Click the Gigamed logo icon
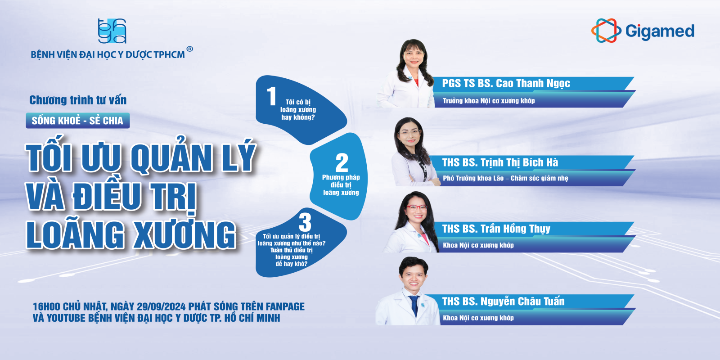(606, 31)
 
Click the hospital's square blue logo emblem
(112, 31)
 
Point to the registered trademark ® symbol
(189, 49)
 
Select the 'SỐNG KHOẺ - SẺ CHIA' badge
(78, 121)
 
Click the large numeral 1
(272, 96)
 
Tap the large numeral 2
(342, 162)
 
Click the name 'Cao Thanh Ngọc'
(533, 84)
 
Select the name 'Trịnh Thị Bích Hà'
(519, 162)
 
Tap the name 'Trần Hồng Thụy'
(515, 229)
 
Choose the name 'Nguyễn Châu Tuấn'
(522, 301)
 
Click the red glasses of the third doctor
(417, 207)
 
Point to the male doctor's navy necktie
(414, 306)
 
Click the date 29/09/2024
(161, 306)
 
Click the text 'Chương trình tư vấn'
(78, 100)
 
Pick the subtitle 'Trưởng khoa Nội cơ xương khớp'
(489, 101)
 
